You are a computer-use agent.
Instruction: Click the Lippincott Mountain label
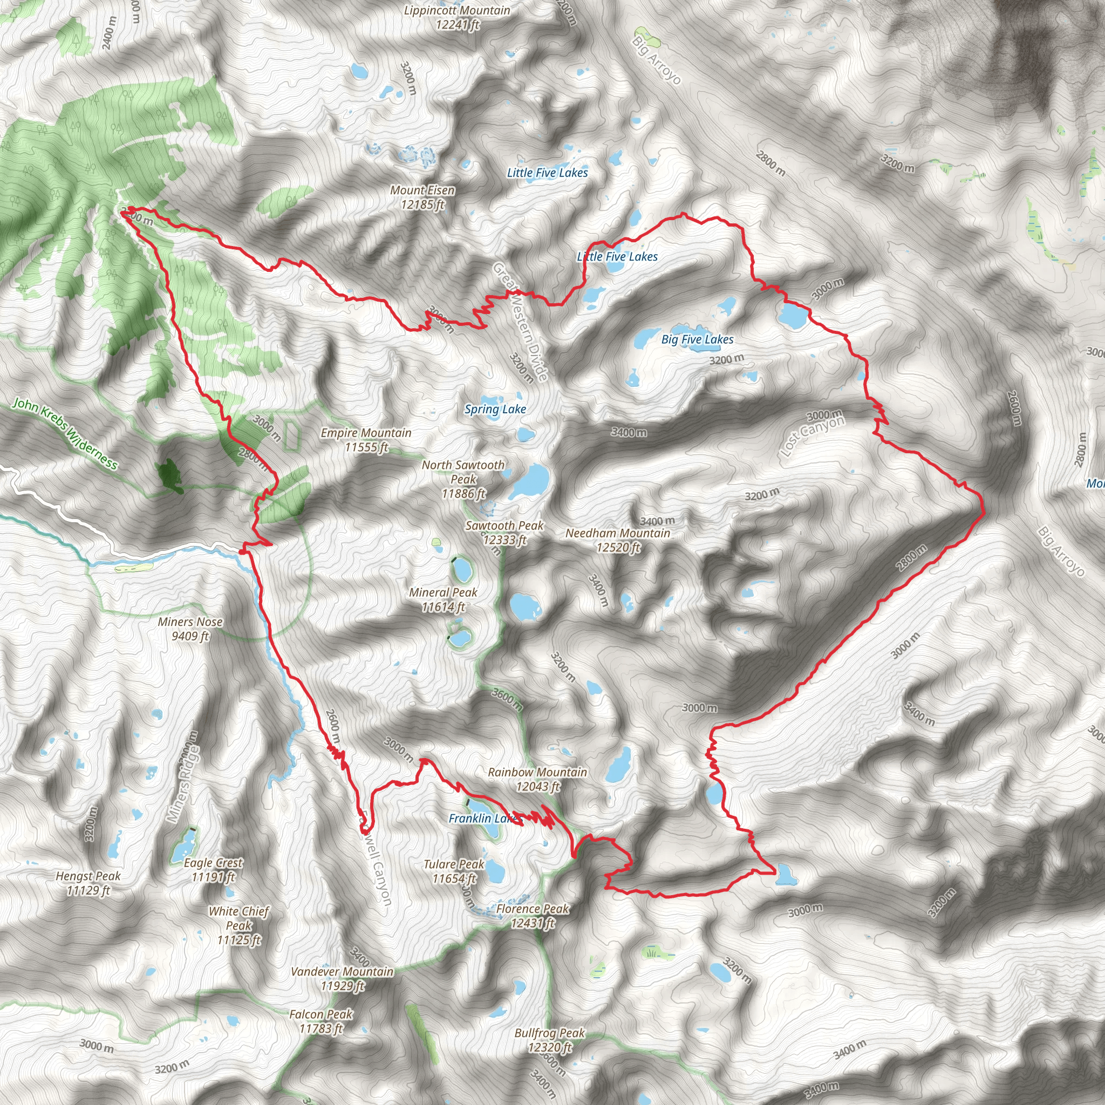tap(457, 18)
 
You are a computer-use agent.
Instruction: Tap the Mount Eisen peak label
tap(422, 197)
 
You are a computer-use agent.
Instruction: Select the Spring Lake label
tap(495, 410)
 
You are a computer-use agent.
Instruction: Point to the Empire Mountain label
tap(366, 440)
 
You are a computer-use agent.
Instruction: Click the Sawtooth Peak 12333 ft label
tap(504, 533)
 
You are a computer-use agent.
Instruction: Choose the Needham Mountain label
tap(618, 540)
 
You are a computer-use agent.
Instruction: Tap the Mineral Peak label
tap(444, 599)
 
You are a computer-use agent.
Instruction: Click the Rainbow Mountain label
tap(537, 779)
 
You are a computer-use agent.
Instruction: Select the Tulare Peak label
tap(454, 871)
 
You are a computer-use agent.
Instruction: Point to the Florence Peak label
tap(533, 916)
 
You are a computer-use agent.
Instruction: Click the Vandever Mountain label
tap(342, 979)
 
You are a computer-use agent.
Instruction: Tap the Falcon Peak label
tap(321, 1021)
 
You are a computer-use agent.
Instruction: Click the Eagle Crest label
tap(213, 870)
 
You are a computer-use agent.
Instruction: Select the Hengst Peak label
tap(88, 883)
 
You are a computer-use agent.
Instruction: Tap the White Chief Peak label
tap(239, 925)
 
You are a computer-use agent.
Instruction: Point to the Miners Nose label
tap(190, 629)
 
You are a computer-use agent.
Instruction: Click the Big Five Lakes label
tap(697, 339)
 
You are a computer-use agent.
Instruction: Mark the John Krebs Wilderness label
tap(65, 434)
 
